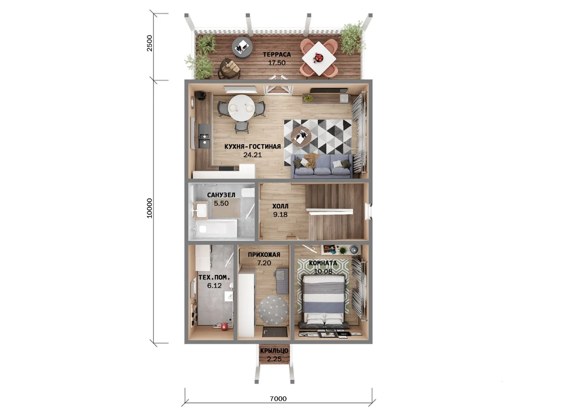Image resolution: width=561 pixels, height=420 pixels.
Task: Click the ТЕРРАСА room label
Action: [x=277, y=54]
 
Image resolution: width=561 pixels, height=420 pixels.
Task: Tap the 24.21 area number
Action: [x=252, y=155]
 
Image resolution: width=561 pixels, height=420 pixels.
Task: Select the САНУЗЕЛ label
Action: [x=221, y=195]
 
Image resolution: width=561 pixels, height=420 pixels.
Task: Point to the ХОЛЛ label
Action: [x=280, y=206]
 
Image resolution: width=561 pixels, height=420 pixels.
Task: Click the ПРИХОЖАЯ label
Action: [x=264, y=254]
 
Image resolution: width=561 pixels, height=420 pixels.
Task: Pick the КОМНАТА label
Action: [x=323, y=263]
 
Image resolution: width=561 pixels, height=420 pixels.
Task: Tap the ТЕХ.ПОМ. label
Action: [x=214, y=278]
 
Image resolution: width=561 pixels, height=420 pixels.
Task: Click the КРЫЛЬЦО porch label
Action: [x=274, y=351]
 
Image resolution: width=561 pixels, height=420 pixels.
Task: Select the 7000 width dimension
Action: [x=278, y=399]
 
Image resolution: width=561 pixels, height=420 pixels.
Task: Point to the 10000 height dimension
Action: [x=149, y=208]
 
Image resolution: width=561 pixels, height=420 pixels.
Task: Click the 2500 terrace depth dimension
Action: [x=149, y=43]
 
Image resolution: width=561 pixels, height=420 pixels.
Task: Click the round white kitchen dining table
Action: [x=241, y=108]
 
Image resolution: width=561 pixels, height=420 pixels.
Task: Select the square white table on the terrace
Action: [x=319, y=58]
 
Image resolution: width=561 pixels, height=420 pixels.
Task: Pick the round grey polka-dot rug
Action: [x=273, y=310]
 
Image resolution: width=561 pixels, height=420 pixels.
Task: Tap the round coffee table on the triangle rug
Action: [x=301, y=136]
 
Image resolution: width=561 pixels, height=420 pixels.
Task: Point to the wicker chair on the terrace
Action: [x=229, y=69]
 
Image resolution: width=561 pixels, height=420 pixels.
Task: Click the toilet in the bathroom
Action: [x=248, y=192]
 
